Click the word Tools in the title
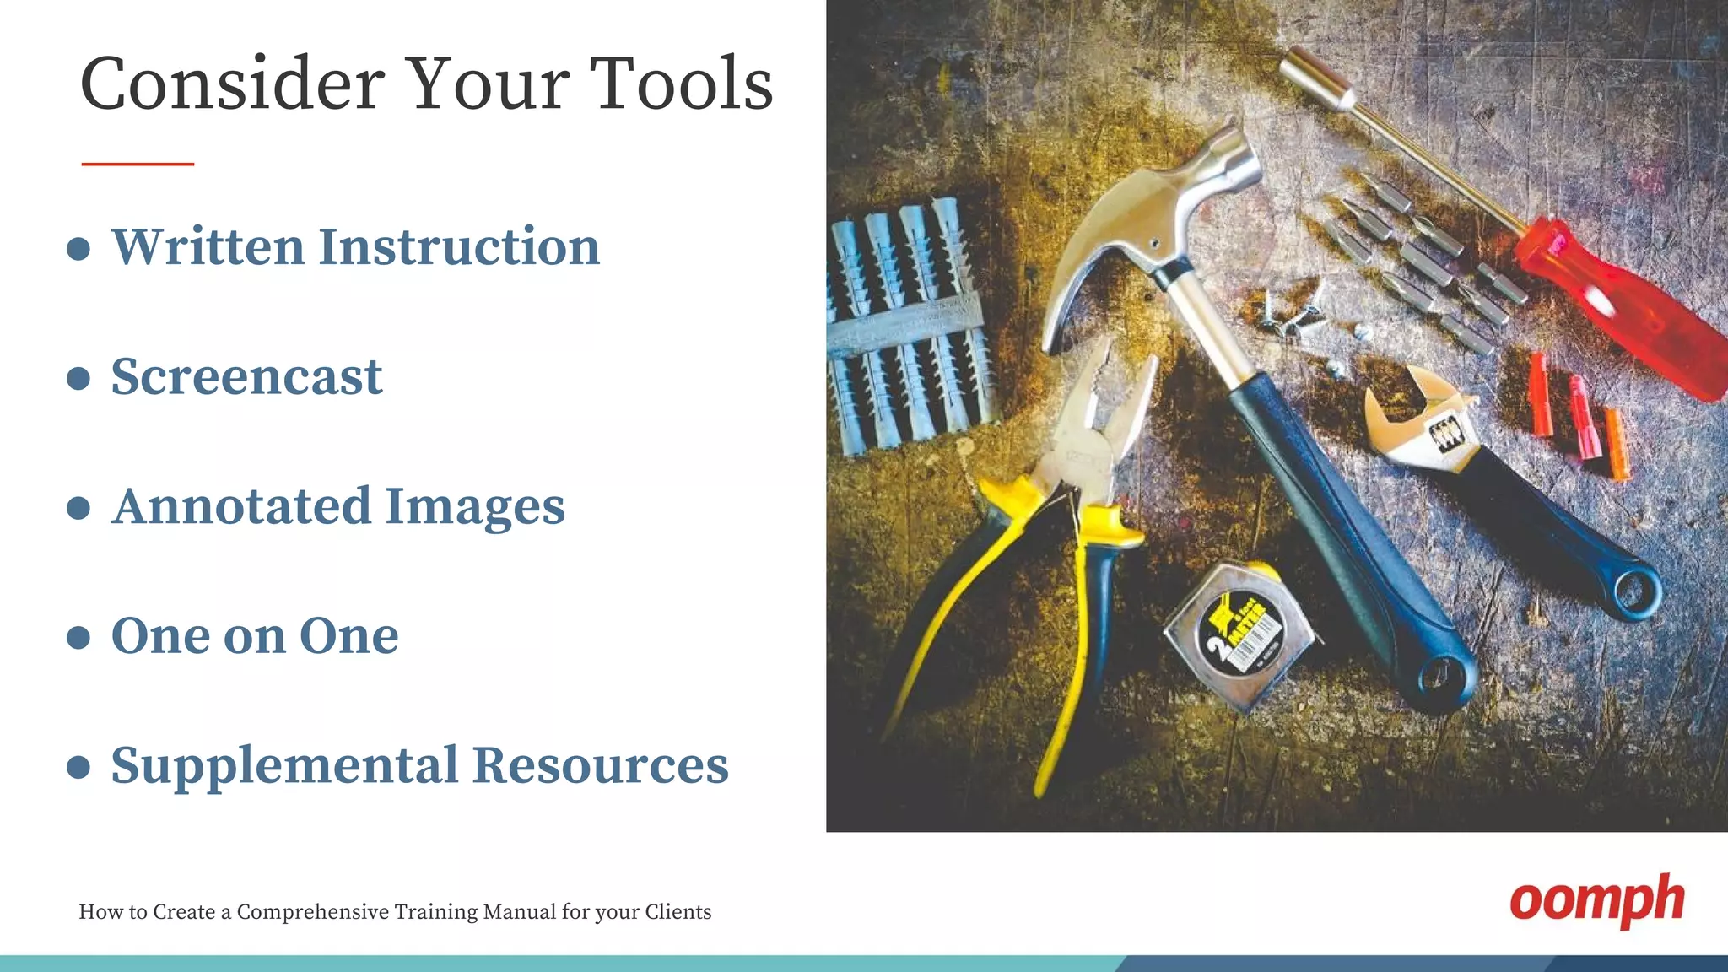680,84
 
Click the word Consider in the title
232,84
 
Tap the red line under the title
138,164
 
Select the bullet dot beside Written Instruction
78,249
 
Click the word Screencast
246,376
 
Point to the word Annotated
241,506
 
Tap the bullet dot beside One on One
78,637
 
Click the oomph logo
1596,901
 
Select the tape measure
1239,637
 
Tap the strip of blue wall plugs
907,325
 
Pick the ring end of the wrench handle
1637,591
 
